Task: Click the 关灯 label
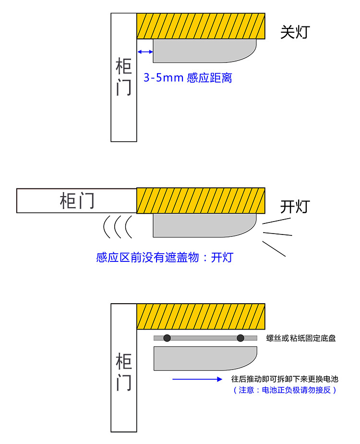click(295, 33)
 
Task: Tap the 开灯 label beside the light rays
click(295, 207)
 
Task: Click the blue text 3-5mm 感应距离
click(188, 78)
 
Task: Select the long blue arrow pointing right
click(197, 379)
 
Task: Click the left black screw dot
click(167, 338)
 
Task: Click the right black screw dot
click(240, 338)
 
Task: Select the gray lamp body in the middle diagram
click(202, 225)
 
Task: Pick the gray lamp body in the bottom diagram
click(202, 358)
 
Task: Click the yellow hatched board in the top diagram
click(201, 26)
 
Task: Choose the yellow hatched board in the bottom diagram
click(201, 317)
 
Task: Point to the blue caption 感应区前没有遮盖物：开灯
click(165, 258)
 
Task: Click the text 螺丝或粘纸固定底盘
click(301, 338)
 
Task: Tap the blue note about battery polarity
click(285, 390)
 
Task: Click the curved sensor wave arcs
click(118, 226)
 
